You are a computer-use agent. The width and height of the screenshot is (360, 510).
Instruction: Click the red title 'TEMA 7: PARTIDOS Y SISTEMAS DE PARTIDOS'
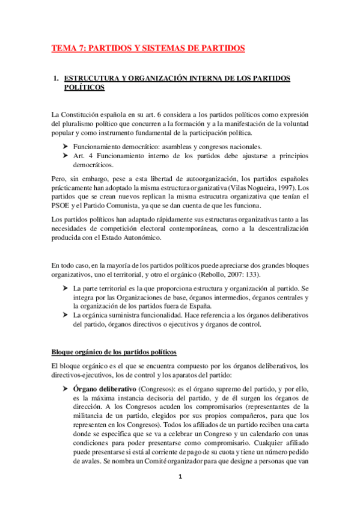(x=148, y=48)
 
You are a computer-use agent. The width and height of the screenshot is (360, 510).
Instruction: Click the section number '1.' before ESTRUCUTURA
(x=56, y=78)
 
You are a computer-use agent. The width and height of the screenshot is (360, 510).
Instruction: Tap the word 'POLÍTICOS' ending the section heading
(x=84, y=88)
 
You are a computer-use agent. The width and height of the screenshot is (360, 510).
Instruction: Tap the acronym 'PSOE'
(x=63, y=205)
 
